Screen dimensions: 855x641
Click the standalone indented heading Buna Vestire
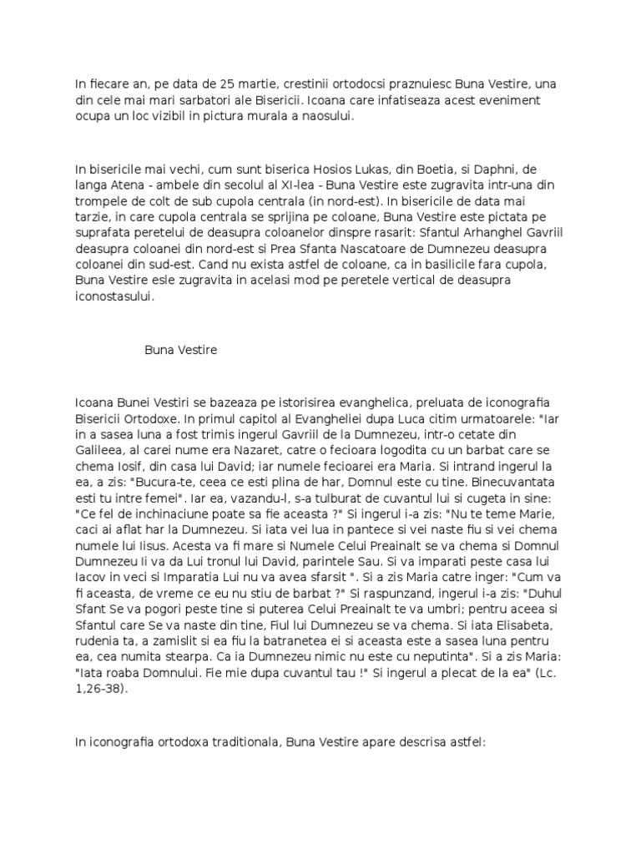point(180,350)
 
